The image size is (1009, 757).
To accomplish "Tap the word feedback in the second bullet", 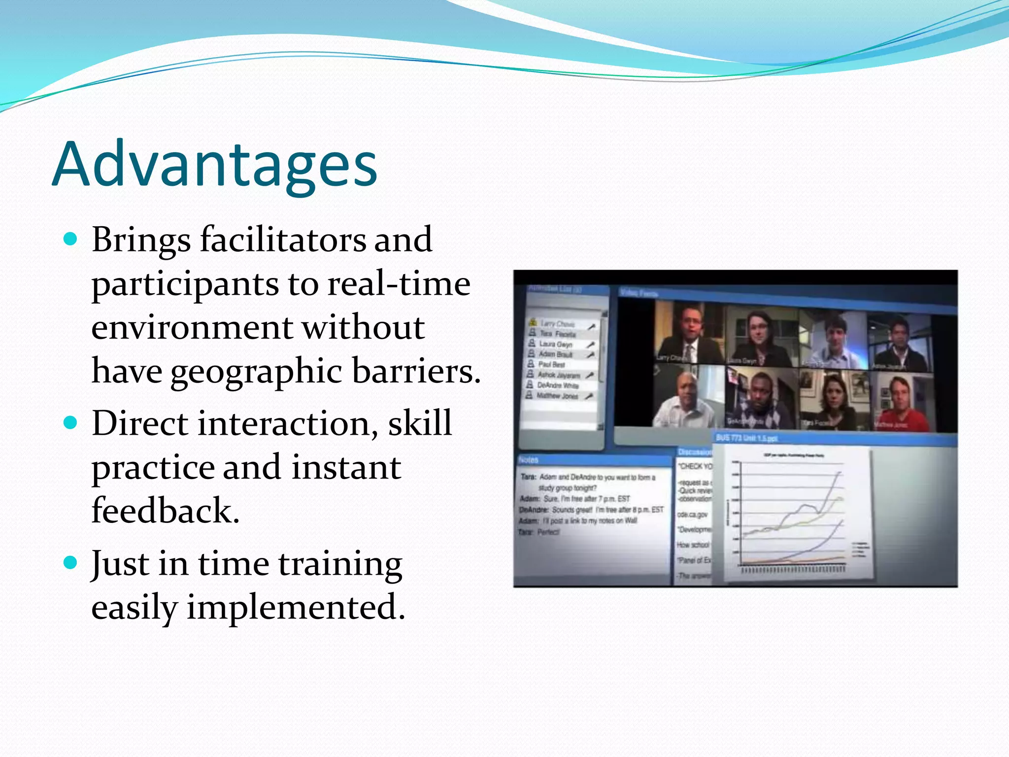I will pyautogui.click(x=165, y=510).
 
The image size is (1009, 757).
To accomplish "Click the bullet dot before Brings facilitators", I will pyautogui.click(x=71, y=240).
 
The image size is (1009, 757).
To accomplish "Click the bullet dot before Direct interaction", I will pyautogui.click(x=71, y=423).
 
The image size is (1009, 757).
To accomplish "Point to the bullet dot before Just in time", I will pyautogui.click(x=71, y=563).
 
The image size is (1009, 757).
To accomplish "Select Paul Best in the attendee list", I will pyautogui.click(x=551, y=365).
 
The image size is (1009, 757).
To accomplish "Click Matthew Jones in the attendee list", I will pyautogui.click(x=557, y=396).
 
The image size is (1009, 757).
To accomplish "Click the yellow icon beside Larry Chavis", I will pyautogui.click(x=533, y=323).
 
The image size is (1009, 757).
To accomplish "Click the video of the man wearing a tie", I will pyautogui.click(x=690, y=335).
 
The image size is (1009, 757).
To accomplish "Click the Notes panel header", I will pyautogui.click(x=529, y=460).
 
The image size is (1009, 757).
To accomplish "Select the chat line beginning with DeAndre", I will pyautogui.click(x=591, y=510).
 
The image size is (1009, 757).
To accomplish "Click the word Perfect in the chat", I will pyautogui.click(x=548, y=532).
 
